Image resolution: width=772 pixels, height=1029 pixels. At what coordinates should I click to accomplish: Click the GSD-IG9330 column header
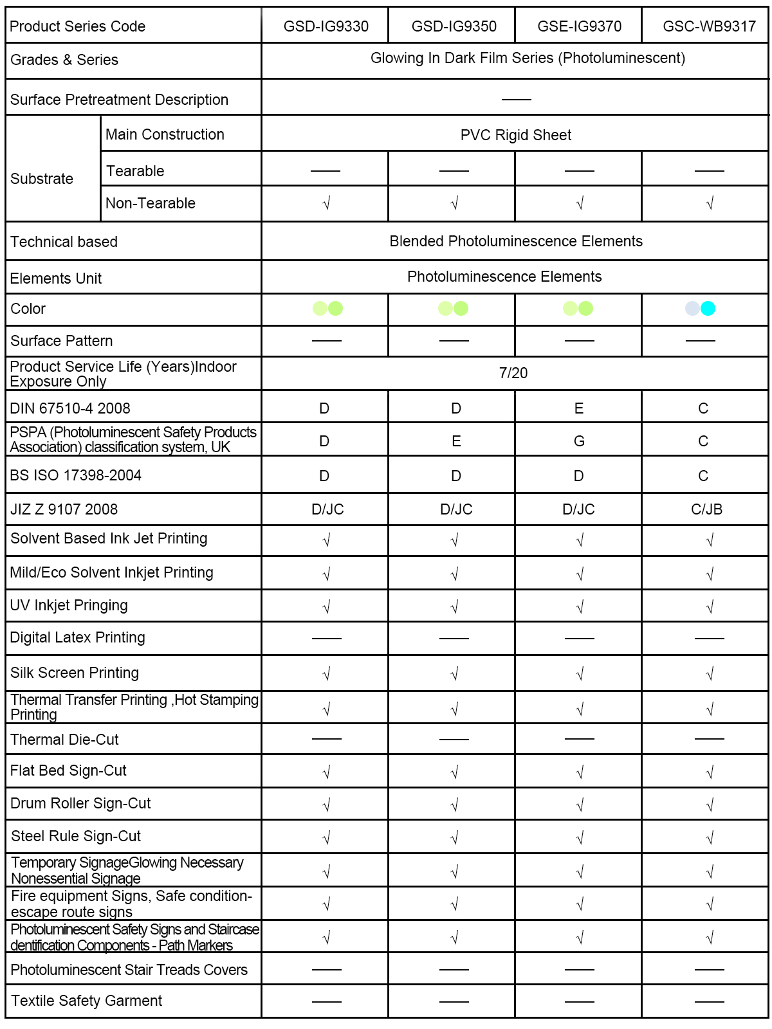click(326, 26)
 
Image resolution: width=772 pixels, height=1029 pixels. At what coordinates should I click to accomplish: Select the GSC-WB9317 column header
click(709, 26)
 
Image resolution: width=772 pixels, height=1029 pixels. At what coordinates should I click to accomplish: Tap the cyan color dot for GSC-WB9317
click(708, 309)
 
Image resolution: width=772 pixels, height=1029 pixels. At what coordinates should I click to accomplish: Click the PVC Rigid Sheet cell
click(515, 135)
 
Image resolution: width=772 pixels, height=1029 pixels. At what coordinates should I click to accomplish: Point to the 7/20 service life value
click(513, 373)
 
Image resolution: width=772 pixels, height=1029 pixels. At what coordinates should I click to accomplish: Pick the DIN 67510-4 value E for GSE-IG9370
click(579, 408)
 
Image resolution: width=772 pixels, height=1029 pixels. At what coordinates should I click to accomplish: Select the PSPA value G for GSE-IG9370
click(579, 441)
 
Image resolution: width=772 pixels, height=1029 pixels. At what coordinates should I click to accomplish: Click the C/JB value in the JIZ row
click(706, 509)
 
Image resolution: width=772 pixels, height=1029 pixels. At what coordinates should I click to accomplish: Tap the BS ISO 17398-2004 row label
click(76, 475)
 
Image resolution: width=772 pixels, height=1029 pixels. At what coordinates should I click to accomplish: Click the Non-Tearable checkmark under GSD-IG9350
click(454, 204)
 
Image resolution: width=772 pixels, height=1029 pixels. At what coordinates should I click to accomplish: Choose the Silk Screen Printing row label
click(75, 673)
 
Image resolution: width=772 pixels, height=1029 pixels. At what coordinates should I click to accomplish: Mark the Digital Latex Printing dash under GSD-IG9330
click(326, 639)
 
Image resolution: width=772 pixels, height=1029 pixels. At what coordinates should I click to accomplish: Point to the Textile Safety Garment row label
click(86, 1001)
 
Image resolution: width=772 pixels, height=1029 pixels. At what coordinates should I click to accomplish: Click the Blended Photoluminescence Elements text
click(515, 241)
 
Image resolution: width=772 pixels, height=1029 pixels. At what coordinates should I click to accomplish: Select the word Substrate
click(42, 179)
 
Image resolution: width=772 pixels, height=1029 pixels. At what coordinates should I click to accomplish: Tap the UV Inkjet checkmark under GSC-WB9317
click(710, 606)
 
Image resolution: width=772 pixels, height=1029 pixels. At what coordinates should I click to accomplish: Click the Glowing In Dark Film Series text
click(528, 58)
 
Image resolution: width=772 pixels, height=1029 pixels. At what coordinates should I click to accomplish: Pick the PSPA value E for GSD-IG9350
click(456, 441)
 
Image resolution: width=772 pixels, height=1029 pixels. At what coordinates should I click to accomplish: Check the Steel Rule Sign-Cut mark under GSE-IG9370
click(580, 837)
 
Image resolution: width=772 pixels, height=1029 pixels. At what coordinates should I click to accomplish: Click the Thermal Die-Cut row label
click(64, 740)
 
